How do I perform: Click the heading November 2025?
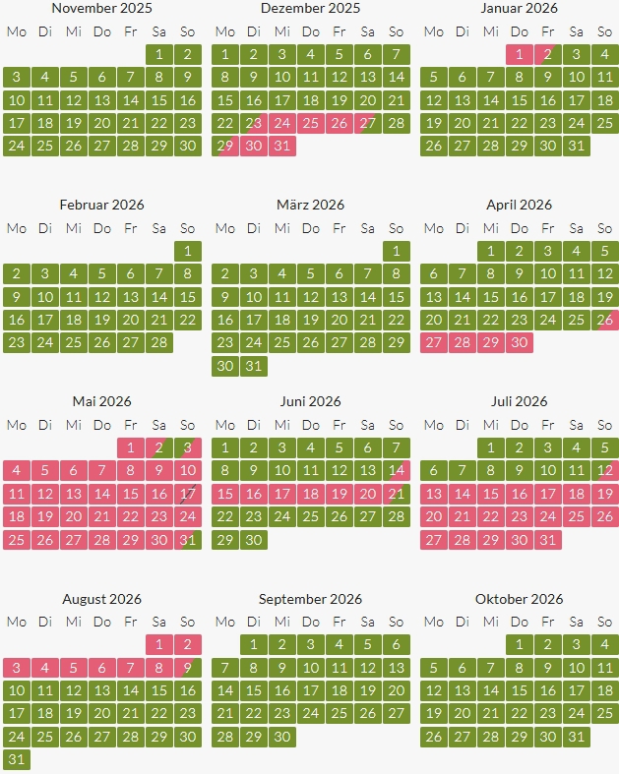[x=101, y=8]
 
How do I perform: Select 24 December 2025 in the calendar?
[x=282, y=123]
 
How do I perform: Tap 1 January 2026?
[x=520, y=54]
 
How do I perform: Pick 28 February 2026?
[x=159, y=342]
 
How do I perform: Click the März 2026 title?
[x=310, y=205]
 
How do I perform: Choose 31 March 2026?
[x=254, y=366]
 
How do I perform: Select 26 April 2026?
[x=605, y=320]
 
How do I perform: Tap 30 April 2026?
[x=520, y=342]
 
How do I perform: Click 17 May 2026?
[x=188, y=494]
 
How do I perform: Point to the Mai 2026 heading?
[x=101, y=401]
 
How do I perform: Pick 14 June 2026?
[x=397, y=470]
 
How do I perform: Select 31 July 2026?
[x=548, y=539]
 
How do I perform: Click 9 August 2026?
[x=188, y=668]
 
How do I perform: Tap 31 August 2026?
[x=16, y=759]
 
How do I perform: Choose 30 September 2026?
[x=282, y=737]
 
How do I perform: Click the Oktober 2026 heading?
[x=519, y=599]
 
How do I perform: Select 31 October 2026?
[x=577, y=737]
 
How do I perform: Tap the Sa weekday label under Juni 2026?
[x=368, y=425]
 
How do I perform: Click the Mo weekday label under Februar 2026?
[x=16, y=228]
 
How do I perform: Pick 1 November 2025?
[x=159, y=54]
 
